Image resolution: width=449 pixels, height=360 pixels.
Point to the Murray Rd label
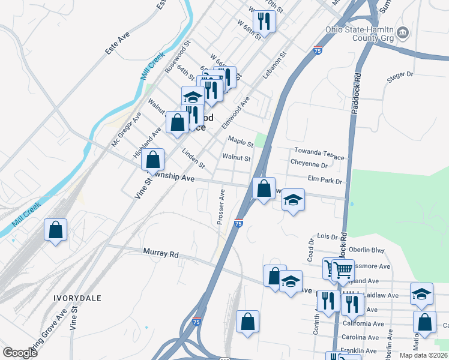point(161,254)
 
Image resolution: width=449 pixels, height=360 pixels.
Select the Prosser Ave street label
point(221,207)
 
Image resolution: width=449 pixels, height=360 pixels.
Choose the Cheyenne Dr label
point(309,164)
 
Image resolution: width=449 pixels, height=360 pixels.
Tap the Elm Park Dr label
point(324,180)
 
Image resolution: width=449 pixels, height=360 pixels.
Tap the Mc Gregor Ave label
point(125,129)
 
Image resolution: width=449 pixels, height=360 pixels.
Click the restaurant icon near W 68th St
point(264,22)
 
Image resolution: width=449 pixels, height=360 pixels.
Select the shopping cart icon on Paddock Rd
point(342,270)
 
